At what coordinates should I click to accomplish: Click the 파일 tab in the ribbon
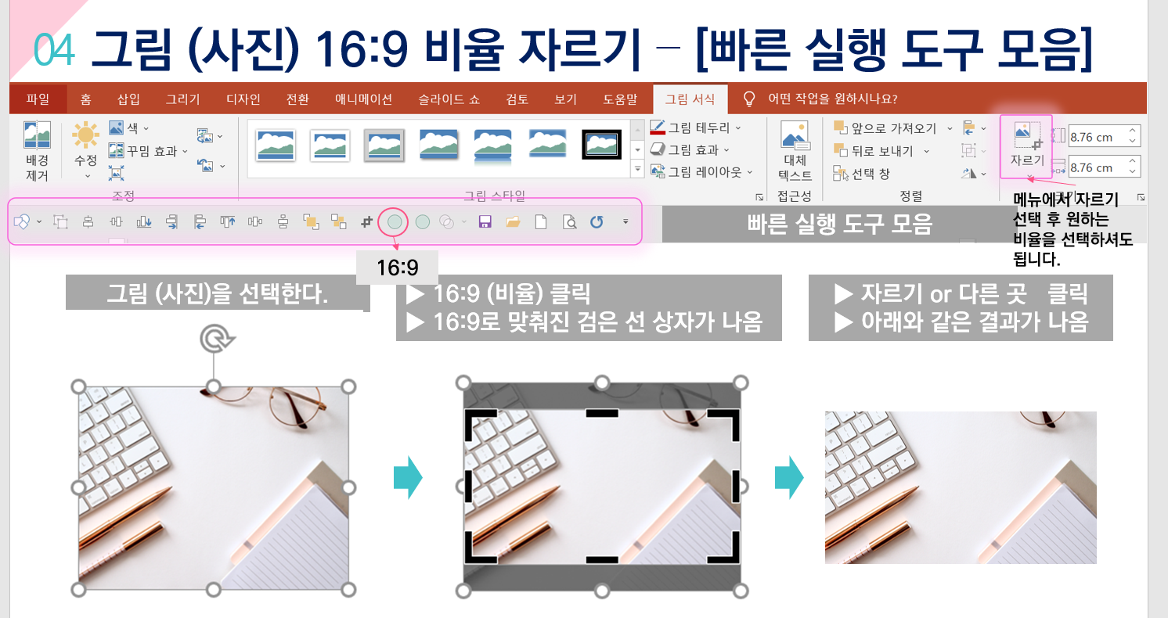pyautogui.click(x=38, y=99)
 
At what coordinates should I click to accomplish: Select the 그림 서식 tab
pyautogui.click(x=690, y=99)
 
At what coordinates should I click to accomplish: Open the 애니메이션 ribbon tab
pyautogui.click(x=363, y=99)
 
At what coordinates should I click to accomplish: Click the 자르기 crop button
pyautogui.click(x=1026, y=147)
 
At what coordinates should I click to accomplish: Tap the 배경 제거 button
pyautogui.click(x=37, y=151)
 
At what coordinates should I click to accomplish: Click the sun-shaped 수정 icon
pyautogui.click(x=85, y=135)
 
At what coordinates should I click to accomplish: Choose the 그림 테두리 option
pyautogui.click(x=696, y=128)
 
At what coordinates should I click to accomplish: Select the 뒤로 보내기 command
pyautogui.click(x=881, y=151)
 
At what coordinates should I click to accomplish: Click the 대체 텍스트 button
pyautogui.click(x=795, y=151)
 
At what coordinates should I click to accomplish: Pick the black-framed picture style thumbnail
pyautogui.click(x=601, y=145)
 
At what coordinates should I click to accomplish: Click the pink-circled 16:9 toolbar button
pyautogui.click(x=395, y=222)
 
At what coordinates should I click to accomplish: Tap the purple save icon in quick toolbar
pyautogui.click(x=485, y=222)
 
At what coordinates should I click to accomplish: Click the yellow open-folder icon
pyautogui.click(x=513, y=222)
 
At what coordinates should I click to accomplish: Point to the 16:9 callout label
pyautogui.click(x=398, y=268)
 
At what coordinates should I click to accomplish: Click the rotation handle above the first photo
pyautogui.click(x=217, y=339)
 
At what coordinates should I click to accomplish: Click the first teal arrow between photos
pyautogui.click(x=408, y=477)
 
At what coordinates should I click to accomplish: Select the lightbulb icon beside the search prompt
pyautogui.click(x=748, y=99)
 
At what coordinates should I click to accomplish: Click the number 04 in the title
pyautogui.click(x=54, y=50)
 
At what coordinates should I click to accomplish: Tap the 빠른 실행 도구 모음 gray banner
pyautogui.click(x=838, y=224)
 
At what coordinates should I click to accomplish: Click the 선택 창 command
pyautogui.click(x=861, y=174)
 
